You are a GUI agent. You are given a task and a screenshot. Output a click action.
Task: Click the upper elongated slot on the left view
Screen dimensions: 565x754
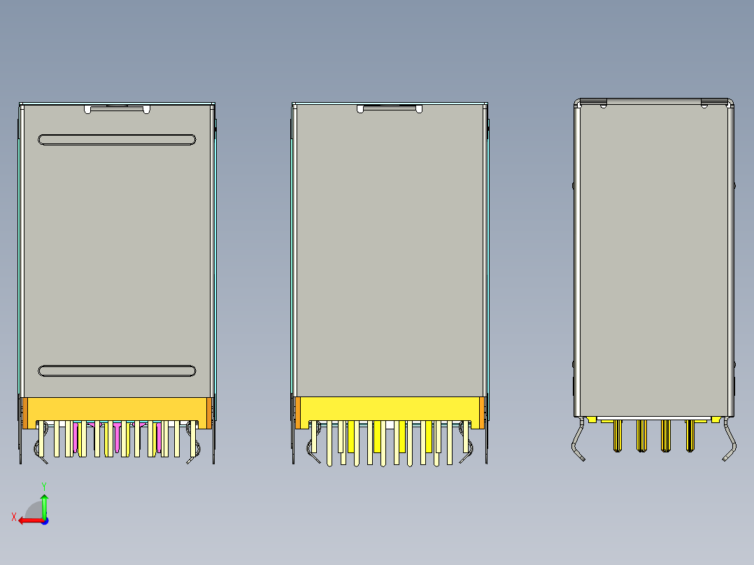point(117,140)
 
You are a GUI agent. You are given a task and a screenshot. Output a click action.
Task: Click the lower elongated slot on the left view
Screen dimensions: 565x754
point(117,371)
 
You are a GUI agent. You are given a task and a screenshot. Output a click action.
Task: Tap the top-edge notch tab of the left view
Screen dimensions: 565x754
point(117,108)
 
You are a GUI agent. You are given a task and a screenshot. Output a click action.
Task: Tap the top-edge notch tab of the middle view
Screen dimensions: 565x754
point(390,108)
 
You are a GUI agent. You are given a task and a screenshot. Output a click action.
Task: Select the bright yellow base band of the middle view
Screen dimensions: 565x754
point(390,408)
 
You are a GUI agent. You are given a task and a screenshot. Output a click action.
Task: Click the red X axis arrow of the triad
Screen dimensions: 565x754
point(28,520)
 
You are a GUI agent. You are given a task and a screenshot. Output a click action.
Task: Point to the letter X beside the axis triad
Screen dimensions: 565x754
point(13,517)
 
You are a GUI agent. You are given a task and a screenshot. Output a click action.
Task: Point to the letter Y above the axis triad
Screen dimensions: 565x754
point(43,485)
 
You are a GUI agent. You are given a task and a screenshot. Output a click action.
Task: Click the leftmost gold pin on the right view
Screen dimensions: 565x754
point(618,435)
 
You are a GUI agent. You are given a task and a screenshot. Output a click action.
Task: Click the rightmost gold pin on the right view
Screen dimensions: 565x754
point(690,435)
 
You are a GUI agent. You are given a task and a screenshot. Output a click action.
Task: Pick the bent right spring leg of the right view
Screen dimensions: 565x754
point(730,441)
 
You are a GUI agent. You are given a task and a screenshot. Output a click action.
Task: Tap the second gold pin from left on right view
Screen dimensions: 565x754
point(641,435)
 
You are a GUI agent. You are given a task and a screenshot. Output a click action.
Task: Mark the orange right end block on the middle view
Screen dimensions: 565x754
point(481,413)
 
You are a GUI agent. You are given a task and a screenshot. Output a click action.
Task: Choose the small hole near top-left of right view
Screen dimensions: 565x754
point(603,106)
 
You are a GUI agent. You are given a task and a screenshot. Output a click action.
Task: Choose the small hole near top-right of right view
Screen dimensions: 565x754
point(704,106)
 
